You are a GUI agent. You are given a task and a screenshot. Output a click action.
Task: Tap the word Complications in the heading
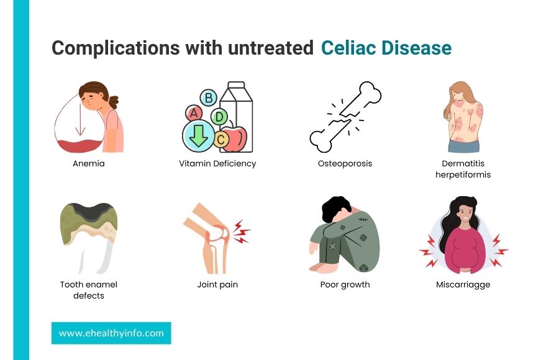[x=116, y=48]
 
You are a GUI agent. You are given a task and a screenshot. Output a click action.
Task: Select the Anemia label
[x=89, y=164]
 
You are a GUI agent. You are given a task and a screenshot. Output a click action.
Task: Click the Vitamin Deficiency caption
[x=217, y=164]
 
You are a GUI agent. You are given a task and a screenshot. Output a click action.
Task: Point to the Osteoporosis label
[x=345, y=164]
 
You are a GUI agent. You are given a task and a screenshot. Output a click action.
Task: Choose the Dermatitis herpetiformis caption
[x=463, y=169]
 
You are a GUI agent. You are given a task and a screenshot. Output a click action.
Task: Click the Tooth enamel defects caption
[x=89, y=290]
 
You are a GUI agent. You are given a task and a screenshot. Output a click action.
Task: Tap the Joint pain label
[x=217, y=284]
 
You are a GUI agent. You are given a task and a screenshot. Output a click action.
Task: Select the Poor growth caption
[x=345, y=284]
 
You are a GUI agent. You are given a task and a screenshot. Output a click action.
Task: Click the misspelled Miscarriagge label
[x=463, y=284]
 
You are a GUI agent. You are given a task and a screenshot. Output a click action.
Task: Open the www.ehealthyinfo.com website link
[x=111, y=333]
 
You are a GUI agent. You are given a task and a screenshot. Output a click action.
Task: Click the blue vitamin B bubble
[x=209, y=97]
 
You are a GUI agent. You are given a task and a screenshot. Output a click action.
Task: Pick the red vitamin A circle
[x=194, y=114]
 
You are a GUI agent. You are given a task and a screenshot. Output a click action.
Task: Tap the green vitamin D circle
[x=219, y=117]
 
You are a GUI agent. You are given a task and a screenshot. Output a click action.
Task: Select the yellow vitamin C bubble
[x=221, y=139]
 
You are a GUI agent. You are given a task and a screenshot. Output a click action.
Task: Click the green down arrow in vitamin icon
[x=199, y=136]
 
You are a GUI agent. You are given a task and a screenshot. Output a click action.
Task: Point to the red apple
[x=234, y=137]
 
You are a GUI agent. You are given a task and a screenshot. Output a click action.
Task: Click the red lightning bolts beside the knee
[x=242, y=232]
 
